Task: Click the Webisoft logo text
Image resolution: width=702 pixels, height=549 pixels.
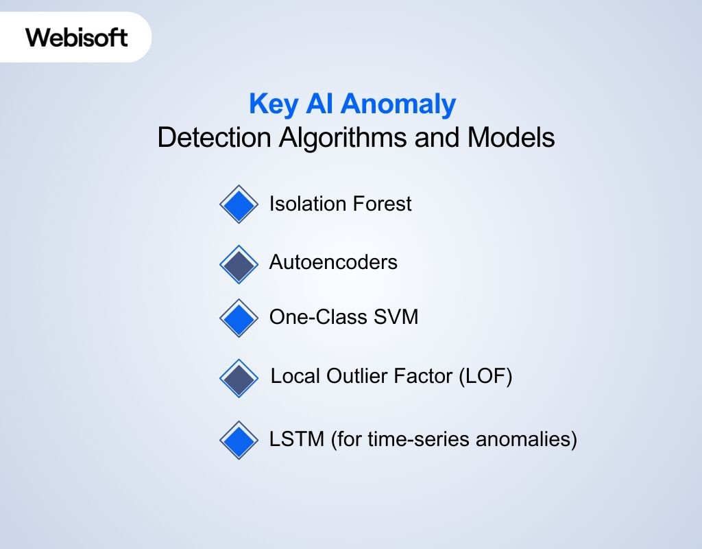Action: coord(77,37)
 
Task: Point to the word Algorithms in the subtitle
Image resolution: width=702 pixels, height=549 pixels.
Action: coord(343,138)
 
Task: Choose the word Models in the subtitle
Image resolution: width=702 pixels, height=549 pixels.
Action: coord(511,138)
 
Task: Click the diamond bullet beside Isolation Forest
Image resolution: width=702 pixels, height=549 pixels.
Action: coord(239,205)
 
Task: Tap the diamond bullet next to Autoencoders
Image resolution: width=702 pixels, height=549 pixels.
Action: coord(239,264)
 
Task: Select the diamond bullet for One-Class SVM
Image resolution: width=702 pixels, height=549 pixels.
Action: coord(239,318)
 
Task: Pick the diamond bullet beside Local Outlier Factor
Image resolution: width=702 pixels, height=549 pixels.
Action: coord(239,378)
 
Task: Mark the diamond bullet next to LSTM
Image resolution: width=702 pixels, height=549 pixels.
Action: coord(239,440)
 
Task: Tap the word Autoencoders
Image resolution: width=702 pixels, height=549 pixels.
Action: coord(333,262)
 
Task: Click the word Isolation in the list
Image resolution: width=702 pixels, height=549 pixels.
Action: coord(308,204)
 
